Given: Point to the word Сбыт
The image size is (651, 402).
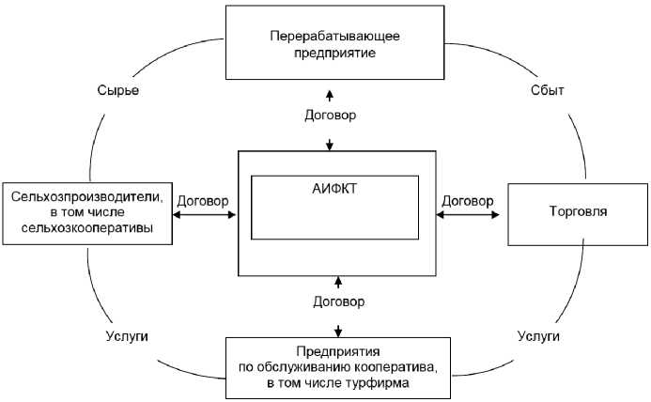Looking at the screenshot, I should point(547,91).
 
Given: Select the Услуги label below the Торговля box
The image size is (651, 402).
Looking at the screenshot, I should point(538,335).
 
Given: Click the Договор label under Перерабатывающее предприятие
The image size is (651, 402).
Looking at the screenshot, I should point(331,116).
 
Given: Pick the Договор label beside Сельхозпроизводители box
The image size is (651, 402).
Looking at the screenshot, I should point(202,200).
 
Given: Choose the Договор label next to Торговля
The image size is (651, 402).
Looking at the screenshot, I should point(467,200).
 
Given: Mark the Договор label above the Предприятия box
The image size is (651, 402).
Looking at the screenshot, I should point(338,301).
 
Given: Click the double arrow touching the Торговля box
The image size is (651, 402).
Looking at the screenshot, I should point(468,216).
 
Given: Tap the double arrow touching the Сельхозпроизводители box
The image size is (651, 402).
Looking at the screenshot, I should point(204,216).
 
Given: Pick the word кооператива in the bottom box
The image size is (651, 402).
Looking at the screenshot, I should point(395,367).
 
